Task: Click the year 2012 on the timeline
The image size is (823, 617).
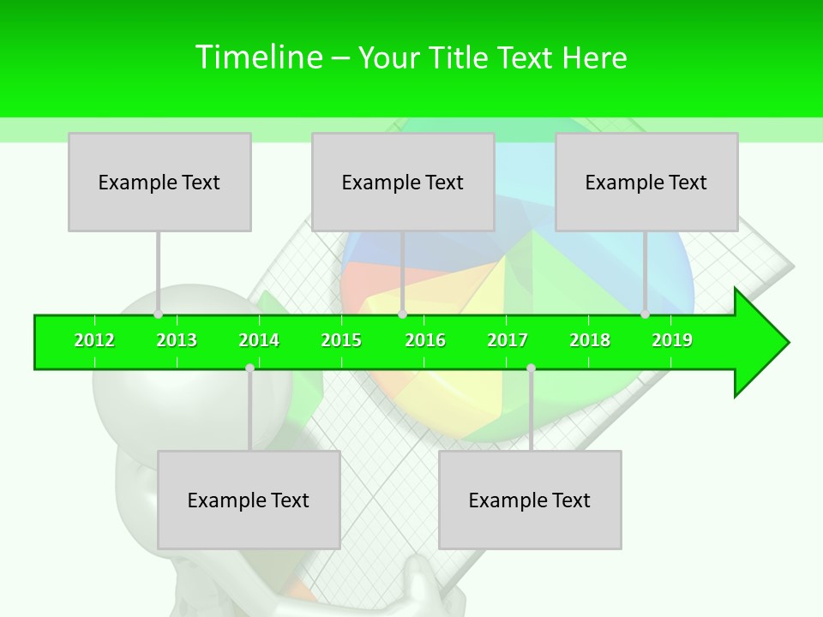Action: click(94, 340)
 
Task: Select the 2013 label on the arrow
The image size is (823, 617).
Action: click(177, 340)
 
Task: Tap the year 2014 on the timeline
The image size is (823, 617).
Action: click(259, 340)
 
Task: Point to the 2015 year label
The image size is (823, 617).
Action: click(341, 340)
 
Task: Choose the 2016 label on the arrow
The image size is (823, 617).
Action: click(425, 340)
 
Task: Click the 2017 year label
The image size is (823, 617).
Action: click(508, 340)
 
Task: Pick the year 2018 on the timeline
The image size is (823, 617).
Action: click(590, 340)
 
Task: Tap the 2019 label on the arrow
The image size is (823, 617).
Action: click(672, 340)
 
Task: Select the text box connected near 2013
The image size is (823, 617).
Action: click(159, 182)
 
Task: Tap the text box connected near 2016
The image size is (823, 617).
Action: click(403, 182)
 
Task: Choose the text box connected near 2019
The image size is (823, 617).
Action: click(646, 182)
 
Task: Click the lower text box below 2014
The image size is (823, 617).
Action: click(249, 500)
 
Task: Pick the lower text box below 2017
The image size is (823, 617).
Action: click(530, 500)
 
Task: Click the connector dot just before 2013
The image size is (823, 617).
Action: click(158, 314)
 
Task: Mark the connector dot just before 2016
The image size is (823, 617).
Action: click(402, 314)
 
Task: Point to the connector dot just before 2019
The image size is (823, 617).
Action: click(646, 314)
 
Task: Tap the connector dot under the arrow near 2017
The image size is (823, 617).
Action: click(531, 368)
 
